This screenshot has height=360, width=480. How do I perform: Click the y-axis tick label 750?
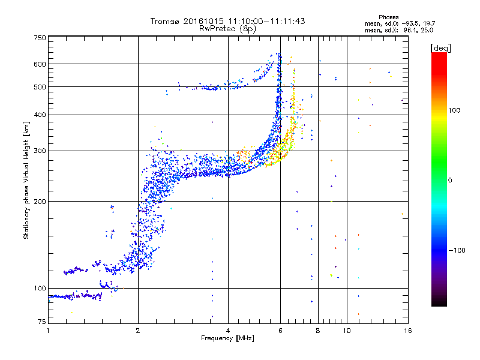pyautogui.click(x=40, y=38)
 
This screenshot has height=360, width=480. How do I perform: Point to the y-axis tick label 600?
pyautogui.click(x=40, y=64)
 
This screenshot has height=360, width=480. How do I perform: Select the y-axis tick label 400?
pyautogui.click(x=40, y=115)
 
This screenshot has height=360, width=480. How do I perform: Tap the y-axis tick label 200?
pyautogui.click(x=40, y=202)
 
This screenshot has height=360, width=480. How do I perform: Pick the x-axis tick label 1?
pyautogui.click(x=48, y=331)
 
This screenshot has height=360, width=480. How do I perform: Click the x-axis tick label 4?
pyautogui.click(x=228, y=331)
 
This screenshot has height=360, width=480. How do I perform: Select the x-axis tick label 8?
pyautogui.click(x=318, y=331)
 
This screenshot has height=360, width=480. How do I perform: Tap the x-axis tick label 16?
pyautogui.click(x=407, y=331)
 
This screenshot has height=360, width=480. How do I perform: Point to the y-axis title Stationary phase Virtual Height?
pyautogui.click(x=26, y=180)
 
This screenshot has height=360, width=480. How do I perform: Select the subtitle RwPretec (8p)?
pyautogui.click(x=228, y=28)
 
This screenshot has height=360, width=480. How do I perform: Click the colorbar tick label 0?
pyautogui.click(x=449, y=180)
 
